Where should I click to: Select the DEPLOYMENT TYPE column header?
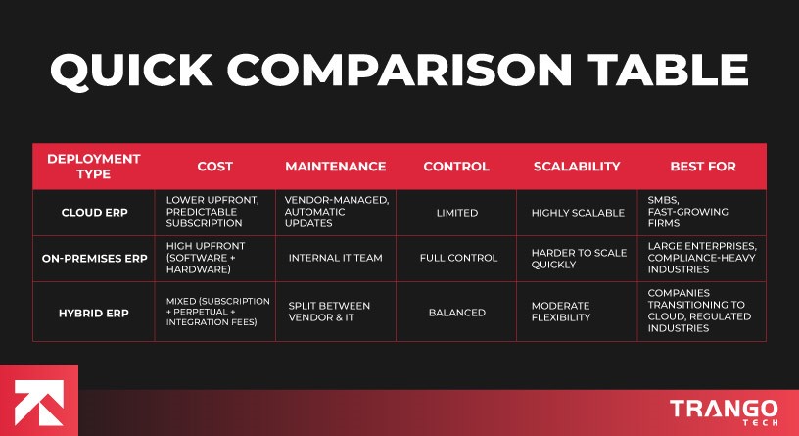(x=94, y=167)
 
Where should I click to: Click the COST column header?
(x=214, y=167)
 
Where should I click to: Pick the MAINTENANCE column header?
(x=335, y=167)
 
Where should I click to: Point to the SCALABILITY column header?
(x=577, y=167)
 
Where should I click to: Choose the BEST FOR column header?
(x=703, y=167)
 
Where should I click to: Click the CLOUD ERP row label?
(x=94, y=213)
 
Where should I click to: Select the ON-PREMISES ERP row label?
(x=94, y=259)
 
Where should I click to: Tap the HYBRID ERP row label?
(x=94, y=313)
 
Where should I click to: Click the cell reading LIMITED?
(x=456, y=213)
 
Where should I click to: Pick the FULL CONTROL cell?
(x=456, y=259)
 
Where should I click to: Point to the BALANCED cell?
(x=456, y=313)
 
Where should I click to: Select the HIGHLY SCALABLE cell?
(x=577, y=213)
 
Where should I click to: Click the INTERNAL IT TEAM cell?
(x=335, y=259)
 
